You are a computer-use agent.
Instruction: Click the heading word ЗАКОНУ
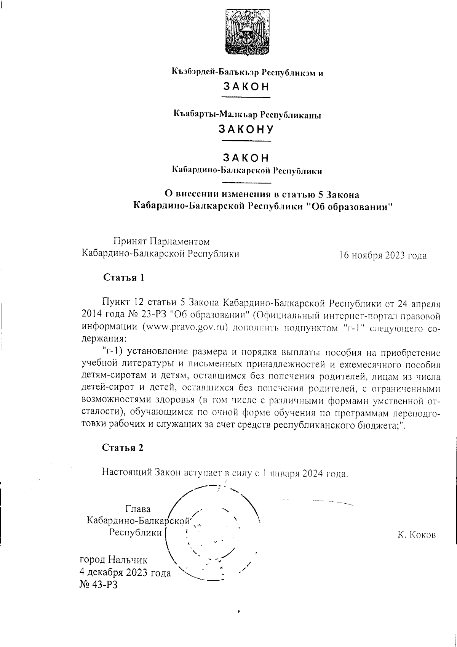[246, 130]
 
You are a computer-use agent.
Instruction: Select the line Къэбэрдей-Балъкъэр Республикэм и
[247, 72]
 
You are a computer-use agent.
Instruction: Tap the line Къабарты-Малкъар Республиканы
[247, 114]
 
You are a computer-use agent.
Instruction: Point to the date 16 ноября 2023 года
[383, 255]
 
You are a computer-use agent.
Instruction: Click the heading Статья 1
[123, 278]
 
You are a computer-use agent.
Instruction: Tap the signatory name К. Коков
[416, 535]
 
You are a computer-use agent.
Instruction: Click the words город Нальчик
[113, 560]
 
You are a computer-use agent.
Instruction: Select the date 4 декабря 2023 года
[125, 572]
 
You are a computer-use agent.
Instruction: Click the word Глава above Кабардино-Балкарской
[138, 509]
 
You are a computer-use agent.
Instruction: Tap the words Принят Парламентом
[161, 242]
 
